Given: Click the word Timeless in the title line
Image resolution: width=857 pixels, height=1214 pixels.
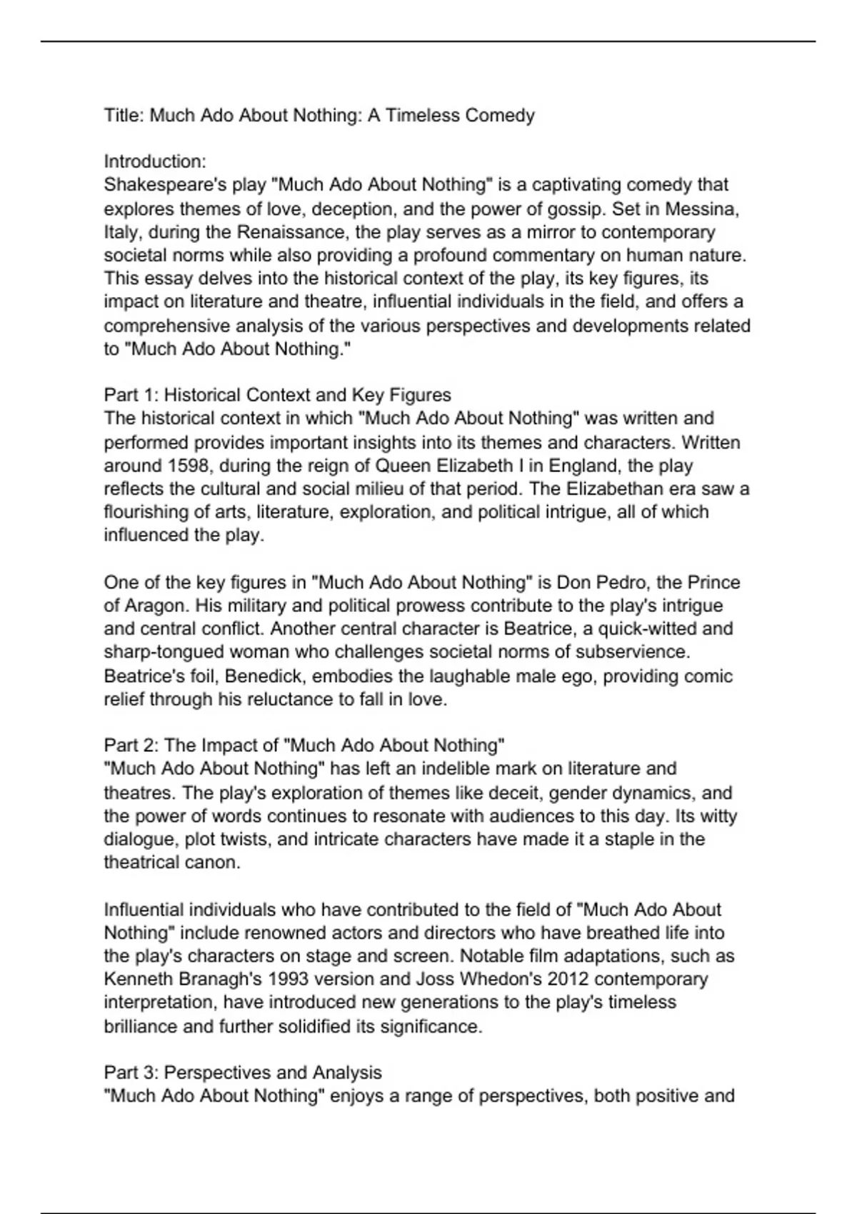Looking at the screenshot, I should point(422,116).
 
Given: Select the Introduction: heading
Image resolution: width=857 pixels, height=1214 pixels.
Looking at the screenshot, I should point(155,161).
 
